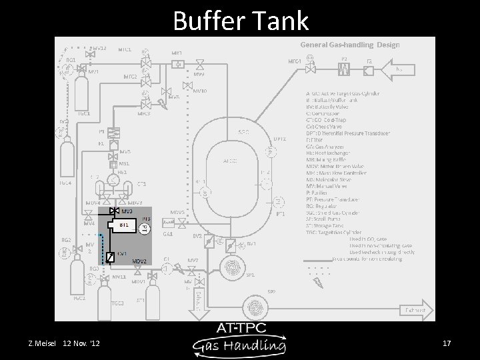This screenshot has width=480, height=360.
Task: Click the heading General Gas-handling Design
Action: point(350,45)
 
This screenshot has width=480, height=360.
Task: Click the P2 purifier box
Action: point(345,67)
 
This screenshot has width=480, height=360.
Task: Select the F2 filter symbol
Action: point(369,67)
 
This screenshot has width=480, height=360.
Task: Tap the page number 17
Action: point(447,343)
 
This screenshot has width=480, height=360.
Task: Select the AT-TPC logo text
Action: point(240,329)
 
